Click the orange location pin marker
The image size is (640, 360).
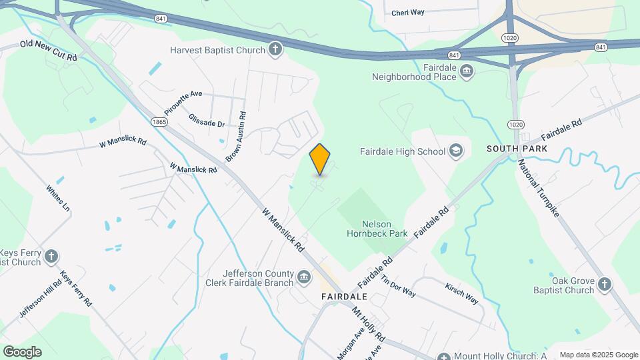click(320, 159)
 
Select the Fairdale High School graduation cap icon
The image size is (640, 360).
click(456, 151)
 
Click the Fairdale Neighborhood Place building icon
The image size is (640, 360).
click(466, 71)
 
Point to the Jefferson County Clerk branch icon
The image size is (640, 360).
click(304, 277)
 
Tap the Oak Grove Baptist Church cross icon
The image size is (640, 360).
click(604, 285)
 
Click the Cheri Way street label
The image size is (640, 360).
click(407, 13)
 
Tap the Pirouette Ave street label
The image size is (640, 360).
click(183, 103)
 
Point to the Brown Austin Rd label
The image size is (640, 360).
click(236, 136)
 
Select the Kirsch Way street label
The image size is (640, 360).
click(461, 292)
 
